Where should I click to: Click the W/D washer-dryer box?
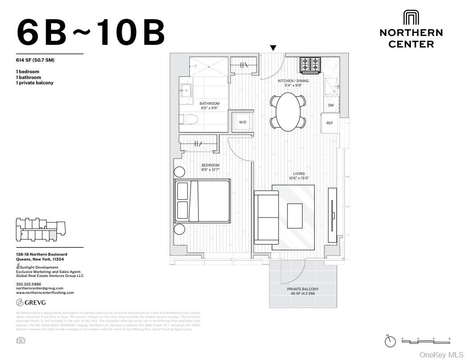[243, 121]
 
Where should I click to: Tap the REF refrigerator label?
[330, 123]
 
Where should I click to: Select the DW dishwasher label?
[331, 105]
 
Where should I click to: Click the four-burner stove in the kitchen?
[310, 65]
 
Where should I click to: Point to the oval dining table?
[288, 111]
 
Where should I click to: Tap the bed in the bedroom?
[203, 201]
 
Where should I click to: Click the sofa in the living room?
[266, 217]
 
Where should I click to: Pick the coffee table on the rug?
[295, 215]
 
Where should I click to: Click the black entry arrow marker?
[273, 48]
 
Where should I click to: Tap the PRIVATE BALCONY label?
[303, 289]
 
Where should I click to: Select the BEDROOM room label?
[210, 165]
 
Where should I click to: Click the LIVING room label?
[299, 174]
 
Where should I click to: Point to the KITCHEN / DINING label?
[293, 81]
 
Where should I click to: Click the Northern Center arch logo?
[411, 18]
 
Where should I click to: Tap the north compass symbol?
[390, 341]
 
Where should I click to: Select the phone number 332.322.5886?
[28, 284]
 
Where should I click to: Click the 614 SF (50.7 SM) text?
[35, 60]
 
